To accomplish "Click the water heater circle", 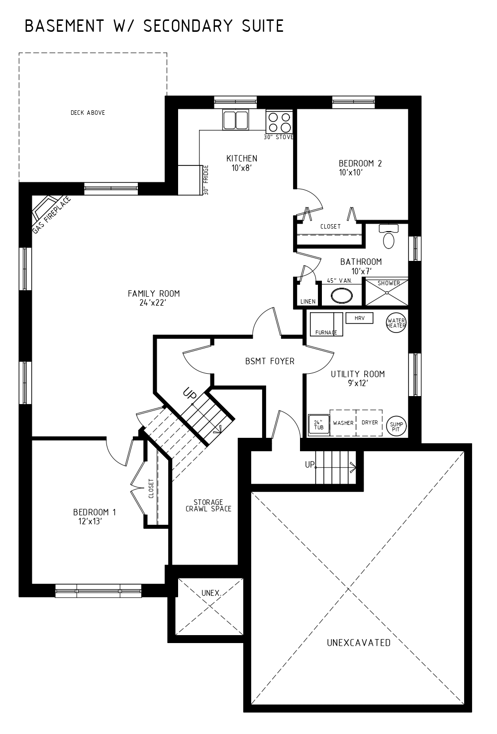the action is [x=396, y=323].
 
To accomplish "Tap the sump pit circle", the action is [x=397, y=426].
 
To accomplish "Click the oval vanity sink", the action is [x=341, y=296].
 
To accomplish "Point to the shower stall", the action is [x=387, y=292].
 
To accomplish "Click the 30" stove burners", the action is [x=279, y=122].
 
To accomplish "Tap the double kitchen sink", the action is [x=235, y=120].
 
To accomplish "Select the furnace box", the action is [x=326, y=324].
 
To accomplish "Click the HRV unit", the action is [x=360, y=318].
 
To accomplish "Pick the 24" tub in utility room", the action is [x=318, y=425].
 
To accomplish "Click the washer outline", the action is [x=343, y=423].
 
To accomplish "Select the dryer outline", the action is [x=369, y=423].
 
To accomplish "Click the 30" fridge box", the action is [x=190, y=180].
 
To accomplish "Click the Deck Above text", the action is [x=88, y=113].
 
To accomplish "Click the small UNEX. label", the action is [x=211, y=593].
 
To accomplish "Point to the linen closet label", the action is [x=308, y=302].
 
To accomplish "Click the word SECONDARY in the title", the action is [x=188, y=26].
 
